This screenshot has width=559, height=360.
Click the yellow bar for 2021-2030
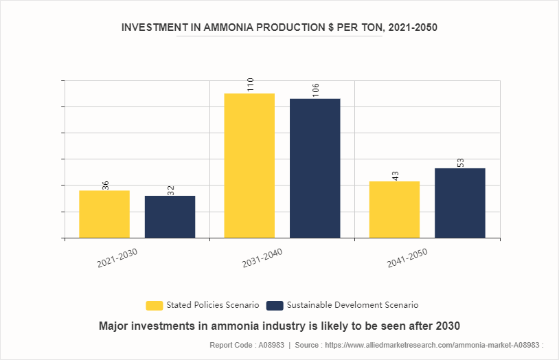pyautogui.click(x=104, y=214)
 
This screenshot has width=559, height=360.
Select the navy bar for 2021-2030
pyautogui.click(x=170, y=216)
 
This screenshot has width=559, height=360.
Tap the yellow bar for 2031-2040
pyautogui.click(x=249, y=166)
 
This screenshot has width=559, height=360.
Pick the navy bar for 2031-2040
pyautogui.click(x=315, y=168)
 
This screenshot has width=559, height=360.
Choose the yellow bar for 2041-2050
pyautogui.click(x=394, y=210)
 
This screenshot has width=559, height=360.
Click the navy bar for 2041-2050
pyautogui.click(x=459, y=203)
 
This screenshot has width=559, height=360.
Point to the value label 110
pyautogui.click(x=251, y=85)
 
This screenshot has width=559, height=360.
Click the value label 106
pyautogui.click(x=316, y=91)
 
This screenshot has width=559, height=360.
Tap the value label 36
pyautogui.click(x=106, y=185)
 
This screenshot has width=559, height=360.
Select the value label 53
pyautogui.click(x=461, y=163)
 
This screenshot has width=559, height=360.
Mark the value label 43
pyautogui.click(x=396, y=176)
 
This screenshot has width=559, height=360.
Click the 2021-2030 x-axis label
pyautogui.click(x=117, y=258)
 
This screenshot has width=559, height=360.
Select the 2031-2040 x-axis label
pyautogui.click(x=262, y=258)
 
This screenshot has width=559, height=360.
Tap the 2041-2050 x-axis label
pyautogui.click(x=407, y=258)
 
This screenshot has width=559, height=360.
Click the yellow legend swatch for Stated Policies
pyautogui.click(x=155, y=305)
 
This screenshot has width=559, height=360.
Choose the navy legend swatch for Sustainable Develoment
pyautogui.click(x=275, y=305)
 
